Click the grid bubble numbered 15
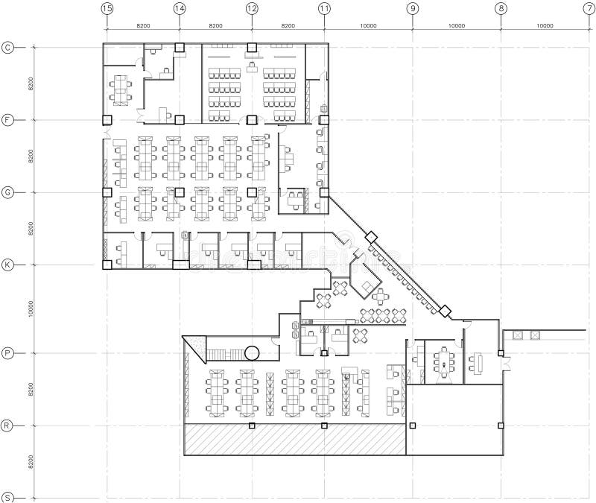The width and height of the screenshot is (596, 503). click(x=107, y=8)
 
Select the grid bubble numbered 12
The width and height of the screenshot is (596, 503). click(x=252, y=8)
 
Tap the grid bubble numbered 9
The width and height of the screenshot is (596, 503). click(x=412, y=8)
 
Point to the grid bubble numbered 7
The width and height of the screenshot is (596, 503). click(x=589, y=8)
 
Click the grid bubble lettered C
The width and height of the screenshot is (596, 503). click(x=8, y=47)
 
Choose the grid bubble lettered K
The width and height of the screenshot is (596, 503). click(x=8, y=265)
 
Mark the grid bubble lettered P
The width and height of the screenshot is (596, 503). click(x=8, y=352)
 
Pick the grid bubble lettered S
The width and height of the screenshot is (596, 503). click(x=8, y=497)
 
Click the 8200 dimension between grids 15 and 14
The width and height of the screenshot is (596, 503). click(x=143, y=25)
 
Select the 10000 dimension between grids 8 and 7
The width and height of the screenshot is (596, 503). click(x=545, y=25)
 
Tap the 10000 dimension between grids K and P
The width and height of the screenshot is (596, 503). click(x=31, y=309)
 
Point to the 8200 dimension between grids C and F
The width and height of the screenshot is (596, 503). click(x=31, y=83)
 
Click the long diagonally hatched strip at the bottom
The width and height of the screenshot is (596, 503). click(x=294, y=440)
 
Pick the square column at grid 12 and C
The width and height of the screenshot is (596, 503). click(x=252, y=48)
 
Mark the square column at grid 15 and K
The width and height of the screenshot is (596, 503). click(x=107, y=265)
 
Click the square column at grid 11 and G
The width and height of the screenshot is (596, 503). click(x=324, y=192)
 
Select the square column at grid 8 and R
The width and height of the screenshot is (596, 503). click(x=501, y=426)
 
